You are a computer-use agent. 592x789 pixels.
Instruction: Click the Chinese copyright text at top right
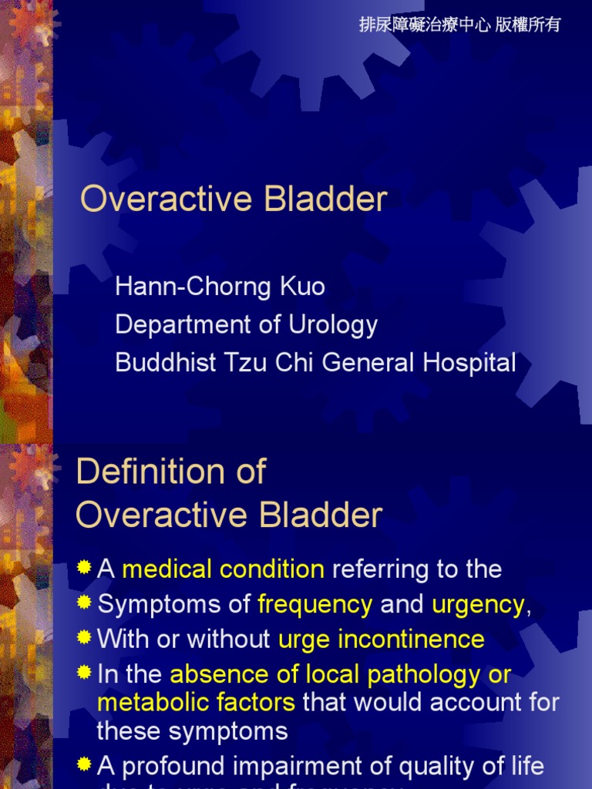460,25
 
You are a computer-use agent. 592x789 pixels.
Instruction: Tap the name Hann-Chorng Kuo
220,287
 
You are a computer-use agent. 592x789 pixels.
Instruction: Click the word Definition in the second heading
143,472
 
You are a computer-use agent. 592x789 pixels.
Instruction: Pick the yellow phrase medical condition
223,569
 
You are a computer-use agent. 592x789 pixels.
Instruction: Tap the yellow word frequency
315,605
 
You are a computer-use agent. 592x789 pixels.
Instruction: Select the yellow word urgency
478,605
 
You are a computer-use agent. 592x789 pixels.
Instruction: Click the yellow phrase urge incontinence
381,640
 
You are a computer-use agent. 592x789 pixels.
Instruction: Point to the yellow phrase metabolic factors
196,702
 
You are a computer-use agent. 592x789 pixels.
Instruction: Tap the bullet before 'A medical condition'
84,569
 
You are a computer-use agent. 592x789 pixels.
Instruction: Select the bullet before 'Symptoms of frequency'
84,603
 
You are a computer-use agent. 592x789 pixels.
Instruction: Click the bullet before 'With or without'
84,638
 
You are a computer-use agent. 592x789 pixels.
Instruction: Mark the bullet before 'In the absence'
84,673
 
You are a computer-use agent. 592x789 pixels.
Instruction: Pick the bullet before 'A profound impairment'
84,764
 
